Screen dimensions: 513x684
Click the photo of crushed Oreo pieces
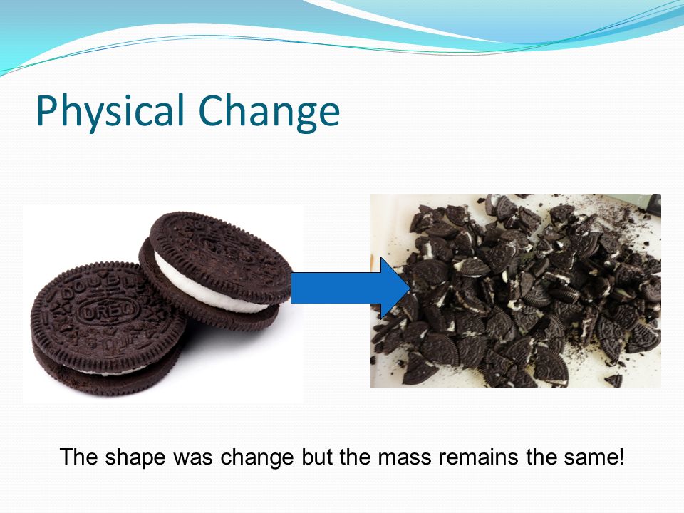tap(515, 291)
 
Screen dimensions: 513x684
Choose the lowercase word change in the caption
tap(256, 457)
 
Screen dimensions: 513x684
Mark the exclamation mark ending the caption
tap(621, 456)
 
